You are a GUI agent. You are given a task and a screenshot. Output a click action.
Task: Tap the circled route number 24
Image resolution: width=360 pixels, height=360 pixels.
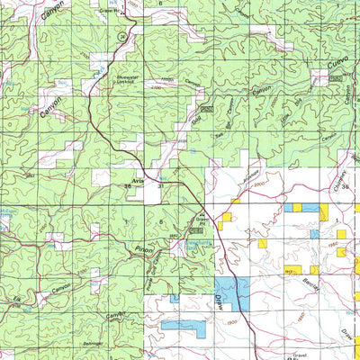pos(121,34)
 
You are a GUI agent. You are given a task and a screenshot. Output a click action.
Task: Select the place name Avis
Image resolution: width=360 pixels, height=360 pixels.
pos(139,181)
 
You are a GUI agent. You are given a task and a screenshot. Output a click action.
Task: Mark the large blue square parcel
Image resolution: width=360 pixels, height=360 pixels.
pos(236,293)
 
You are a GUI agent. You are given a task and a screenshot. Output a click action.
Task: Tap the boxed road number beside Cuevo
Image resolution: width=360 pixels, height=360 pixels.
pos(337,79)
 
